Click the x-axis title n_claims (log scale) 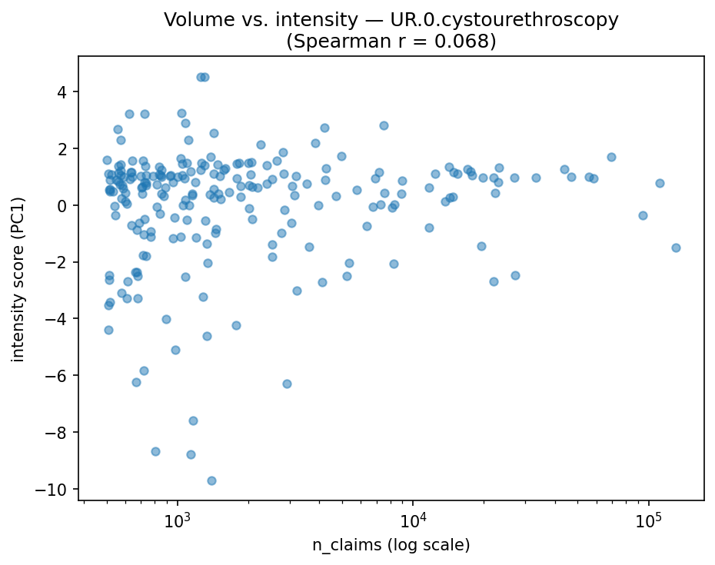pos(391,545)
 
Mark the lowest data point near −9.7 pos(211,480)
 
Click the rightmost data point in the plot pos(676,248)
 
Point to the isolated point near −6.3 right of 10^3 pos(287,384)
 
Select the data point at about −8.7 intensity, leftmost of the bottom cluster pos(155,451)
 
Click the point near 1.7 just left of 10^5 pos(611,157)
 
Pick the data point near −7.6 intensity pos(193,420)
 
